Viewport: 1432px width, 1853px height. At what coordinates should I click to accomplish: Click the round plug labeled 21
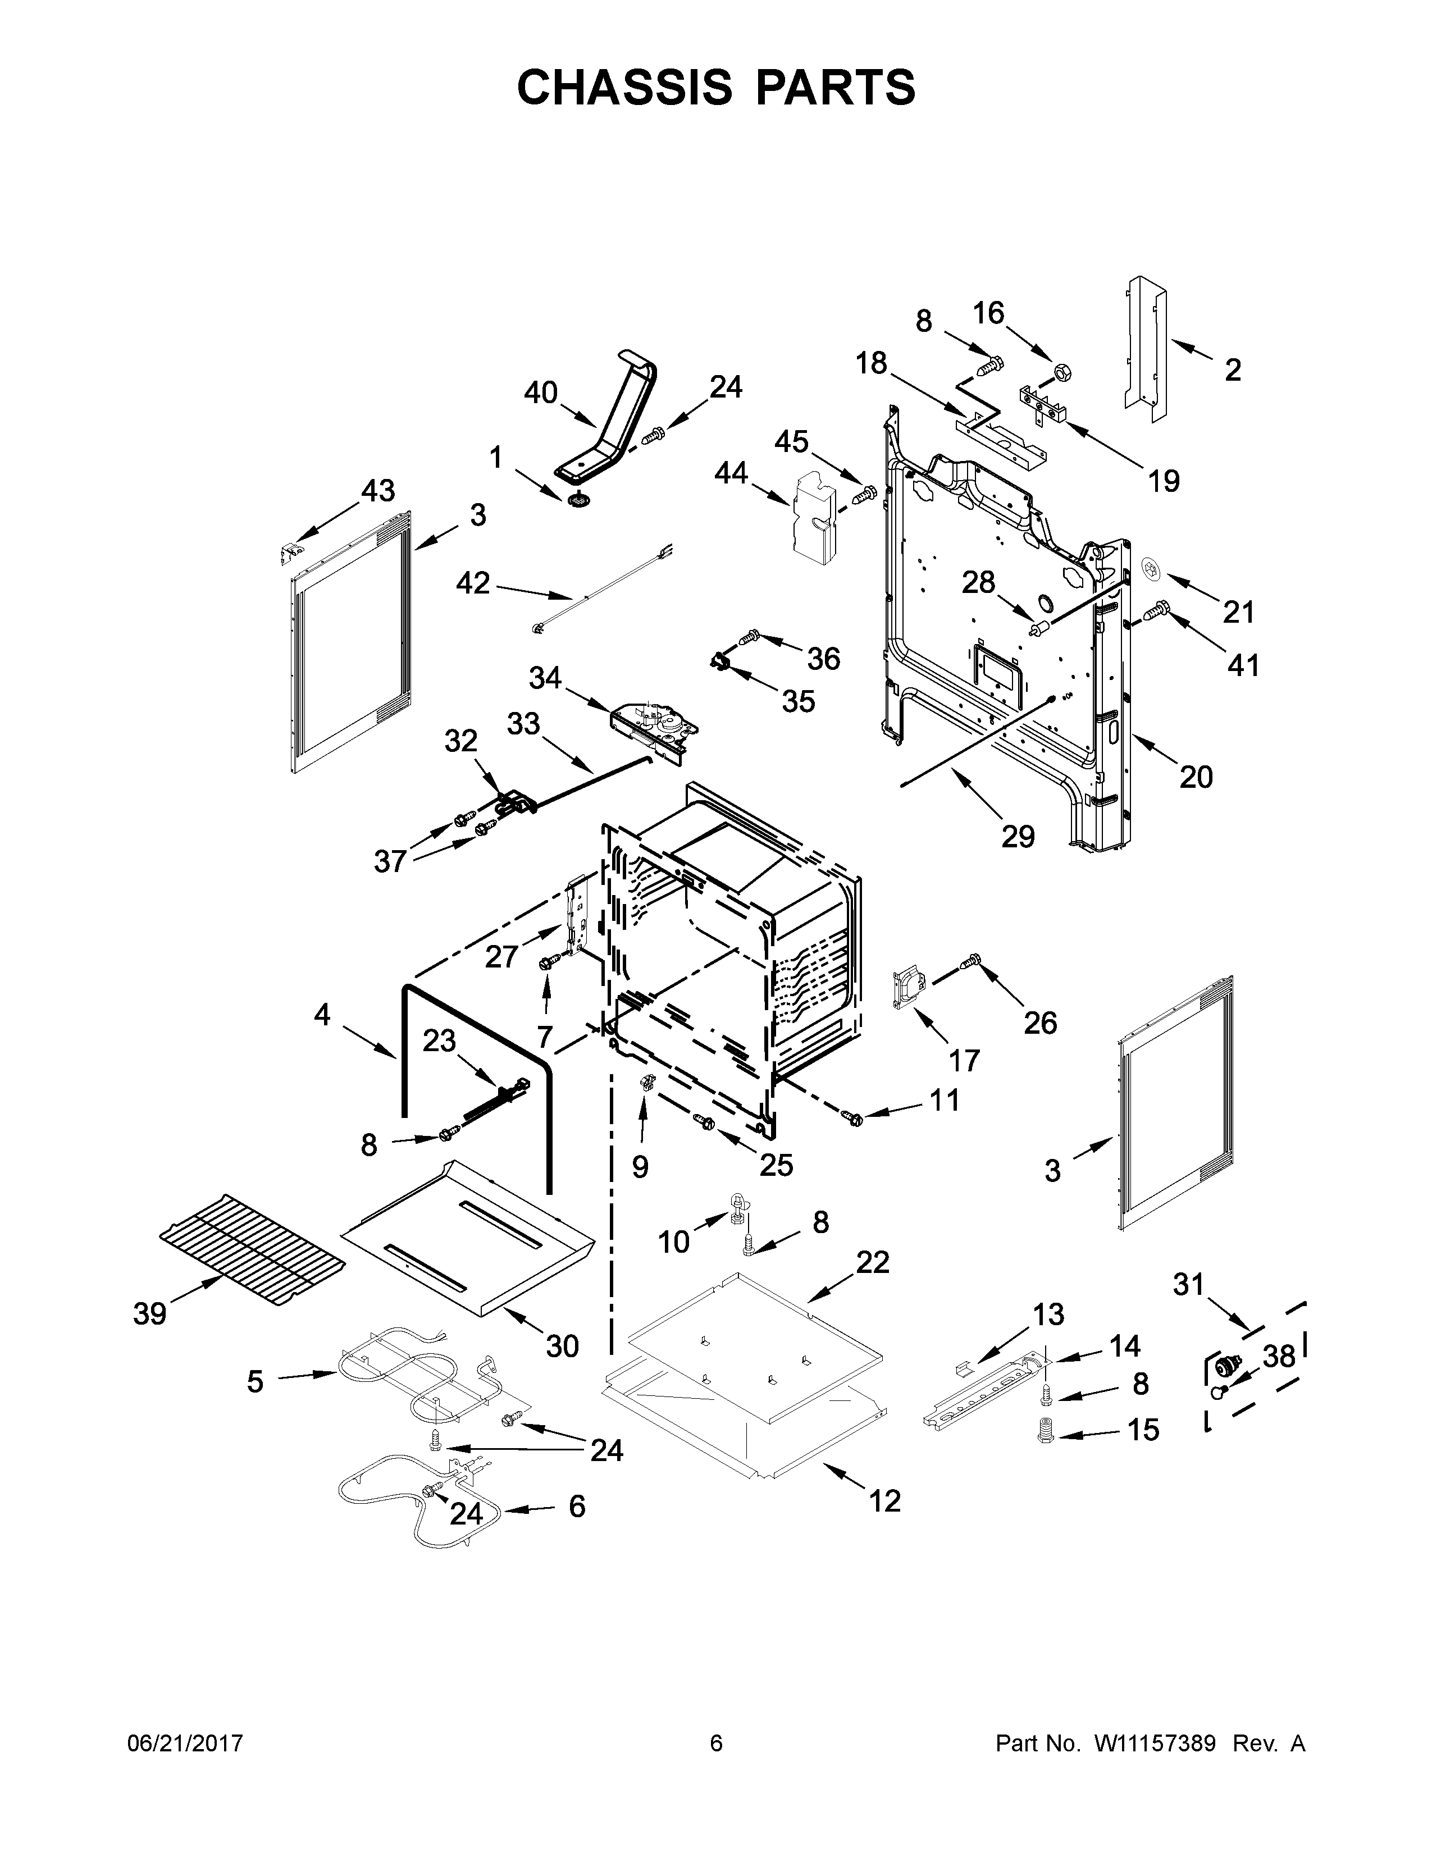[x=1151, y=566]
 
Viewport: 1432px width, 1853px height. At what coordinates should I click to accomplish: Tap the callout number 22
[x=872, y=1285]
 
